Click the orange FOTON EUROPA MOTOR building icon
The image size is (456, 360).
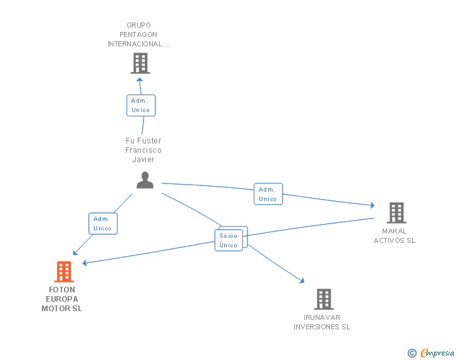[64, 272]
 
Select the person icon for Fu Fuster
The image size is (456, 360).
[145, 180]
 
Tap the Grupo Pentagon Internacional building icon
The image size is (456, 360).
[140, 63]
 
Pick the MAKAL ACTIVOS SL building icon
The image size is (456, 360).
[396, 213]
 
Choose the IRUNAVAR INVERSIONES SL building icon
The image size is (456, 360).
[323, 299]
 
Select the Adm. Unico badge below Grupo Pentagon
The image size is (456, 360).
[140, 105]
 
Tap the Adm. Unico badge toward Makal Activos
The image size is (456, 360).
[267, 194]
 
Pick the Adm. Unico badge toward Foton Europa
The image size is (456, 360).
[102, 224]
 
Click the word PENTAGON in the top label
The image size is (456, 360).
[138, 34]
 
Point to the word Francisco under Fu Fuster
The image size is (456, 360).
[143, 150]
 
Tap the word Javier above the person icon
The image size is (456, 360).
[143, 160]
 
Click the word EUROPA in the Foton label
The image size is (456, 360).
[62, 299]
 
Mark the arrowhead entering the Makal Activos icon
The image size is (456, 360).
[371, 205]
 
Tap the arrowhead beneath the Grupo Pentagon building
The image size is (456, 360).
[140, 80]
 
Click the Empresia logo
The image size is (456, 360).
[437, 353]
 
